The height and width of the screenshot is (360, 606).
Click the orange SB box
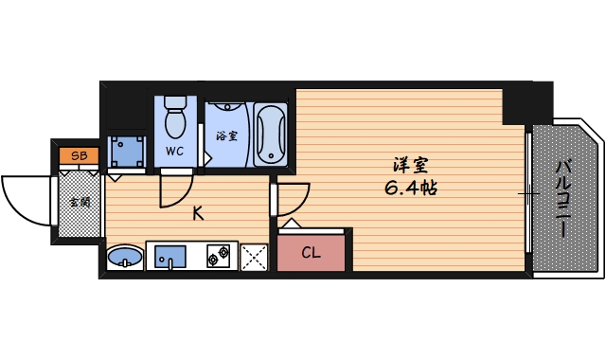point(78,155)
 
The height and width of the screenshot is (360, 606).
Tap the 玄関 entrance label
point(79,202)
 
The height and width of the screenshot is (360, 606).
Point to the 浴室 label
point(226,136)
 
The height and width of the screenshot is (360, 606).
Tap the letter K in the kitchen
point(198,213)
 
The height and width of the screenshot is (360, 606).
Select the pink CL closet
point(312,252)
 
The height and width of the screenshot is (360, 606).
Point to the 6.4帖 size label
point(410,187)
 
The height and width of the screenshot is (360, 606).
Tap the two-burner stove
point(219,255)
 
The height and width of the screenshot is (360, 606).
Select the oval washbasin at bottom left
point(124,257)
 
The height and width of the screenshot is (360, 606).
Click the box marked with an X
point(254,257)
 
